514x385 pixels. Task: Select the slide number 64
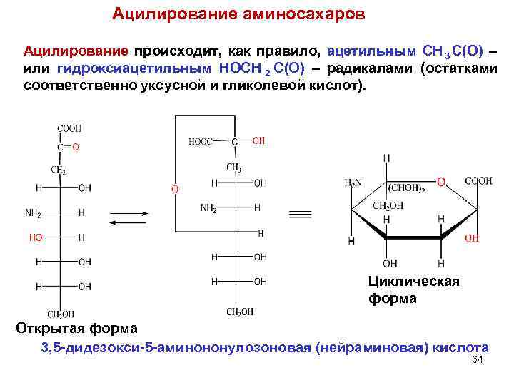click(x=478, y=360)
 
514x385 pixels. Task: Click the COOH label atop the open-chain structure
click(x=69, y=128)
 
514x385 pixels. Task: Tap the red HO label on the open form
click(x=36, y=237)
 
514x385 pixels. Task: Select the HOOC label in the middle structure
click(x=201, y=141)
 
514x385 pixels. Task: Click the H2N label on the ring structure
click(x=353, y=183)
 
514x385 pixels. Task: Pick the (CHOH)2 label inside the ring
click(x=407, y=189)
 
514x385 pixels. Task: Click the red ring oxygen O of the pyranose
click(x=441, y=183)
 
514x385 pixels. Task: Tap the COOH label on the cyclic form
click(x=478, y=181)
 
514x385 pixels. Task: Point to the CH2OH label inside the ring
click(x=388, y=205)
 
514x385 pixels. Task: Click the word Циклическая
click(x=414, y=282)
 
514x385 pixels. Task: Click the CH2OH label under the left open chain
click(x=61, y=314)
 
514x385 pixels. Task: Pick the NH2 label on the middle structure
click(x=208, y=208)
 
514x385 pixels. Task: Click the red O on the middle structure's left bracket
click(x=174, y=189)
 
